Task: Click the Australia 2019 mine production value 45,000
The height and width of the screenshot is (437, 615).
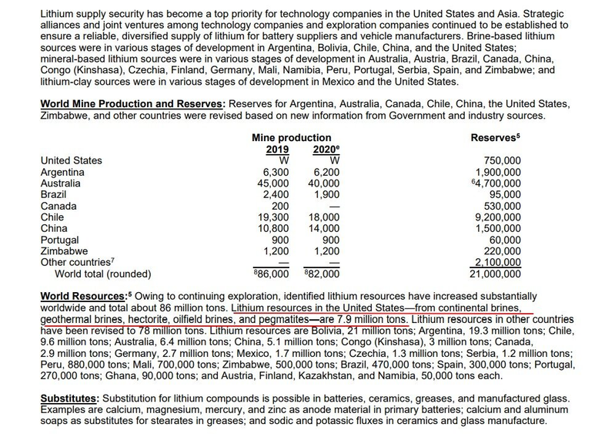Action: [273, 183]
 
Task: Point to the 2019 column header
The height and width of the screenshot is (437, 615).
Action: [277, 150]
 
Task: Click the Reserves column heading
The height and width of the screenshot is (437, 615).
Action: [495, 137]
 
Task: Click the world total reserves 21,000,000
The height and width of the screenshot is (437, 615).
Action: [496, 273]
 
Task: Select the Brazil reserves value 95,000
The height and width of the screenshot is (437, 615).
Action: [504, 195]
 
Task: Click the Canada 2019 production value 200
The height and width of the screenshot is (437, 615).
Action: [280, 207]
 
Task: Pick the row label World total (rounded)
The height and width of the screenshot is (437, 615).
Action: [102, 273]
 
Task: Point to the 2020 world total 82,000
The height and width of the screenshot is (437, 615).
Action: [323, 273]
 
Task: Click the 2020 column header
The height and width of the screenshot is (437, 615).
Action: [326, 150]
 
